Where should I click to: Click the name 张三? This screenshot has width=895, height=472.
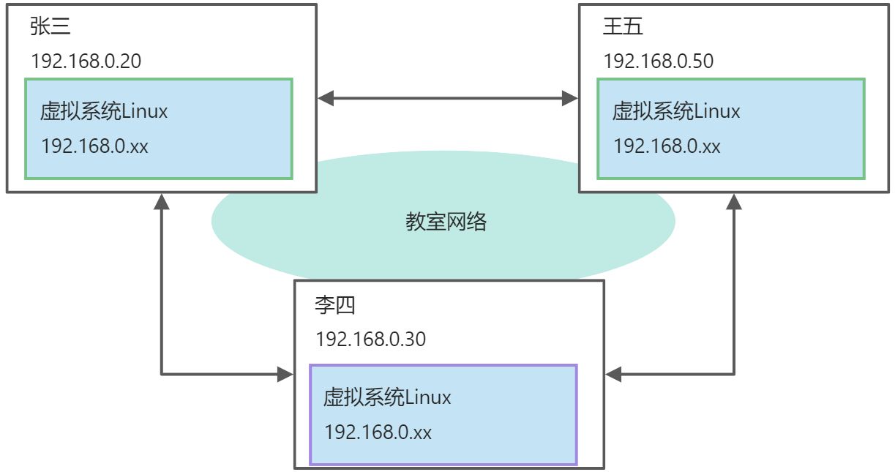[x=50, y=27]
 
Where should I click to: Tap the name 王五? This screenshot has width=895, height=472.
[x=623, y=27]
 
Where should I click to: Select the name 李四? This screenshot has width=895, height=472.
[x=335, y=305]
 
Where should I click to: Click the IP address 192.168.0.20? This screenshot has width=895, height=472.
[x=86, y=61]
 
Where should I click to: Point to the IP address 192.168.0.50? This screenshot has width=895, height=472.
[x=659, y=61]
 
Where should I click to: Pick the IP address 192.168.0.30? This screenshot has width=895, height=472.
[x=370, y=340]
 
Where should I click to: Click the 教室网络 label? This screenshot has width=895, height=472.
[x=446, y=222]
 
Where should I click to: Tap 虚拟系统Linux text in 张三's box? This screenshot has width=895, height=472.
[x=105, y=112]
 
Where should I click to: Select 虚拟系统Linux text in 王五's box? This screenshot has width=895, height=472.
[x=676, y=112]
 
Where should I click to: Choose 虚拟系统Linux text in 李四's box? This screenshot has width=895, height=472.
[x=387, y=398]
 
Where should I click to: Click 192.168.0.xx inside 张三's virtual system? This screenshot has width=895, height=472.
[x=95, y=146]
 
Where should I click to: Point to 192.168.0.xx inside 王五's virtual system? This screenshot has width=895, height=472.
[x=667, y=146]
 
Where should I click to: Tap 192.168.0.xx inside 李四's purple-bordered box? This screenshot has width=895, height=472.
[x=378, y=432]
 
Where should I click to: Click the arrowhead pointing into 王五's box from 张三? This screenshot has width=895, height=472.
[x=570, y=97]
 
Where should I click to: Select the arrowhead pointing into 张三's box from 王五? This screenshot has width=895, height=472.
[x=326, y=97]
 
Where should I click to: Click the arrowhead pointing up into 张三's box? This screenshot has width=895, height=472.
[x=162, y=202]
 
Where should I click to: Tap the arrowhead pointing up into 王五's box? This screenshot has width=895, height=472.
[x=734, y=202]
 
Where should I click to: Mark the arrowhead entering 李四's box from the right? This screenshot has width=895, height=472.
[x=613, y=375]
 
